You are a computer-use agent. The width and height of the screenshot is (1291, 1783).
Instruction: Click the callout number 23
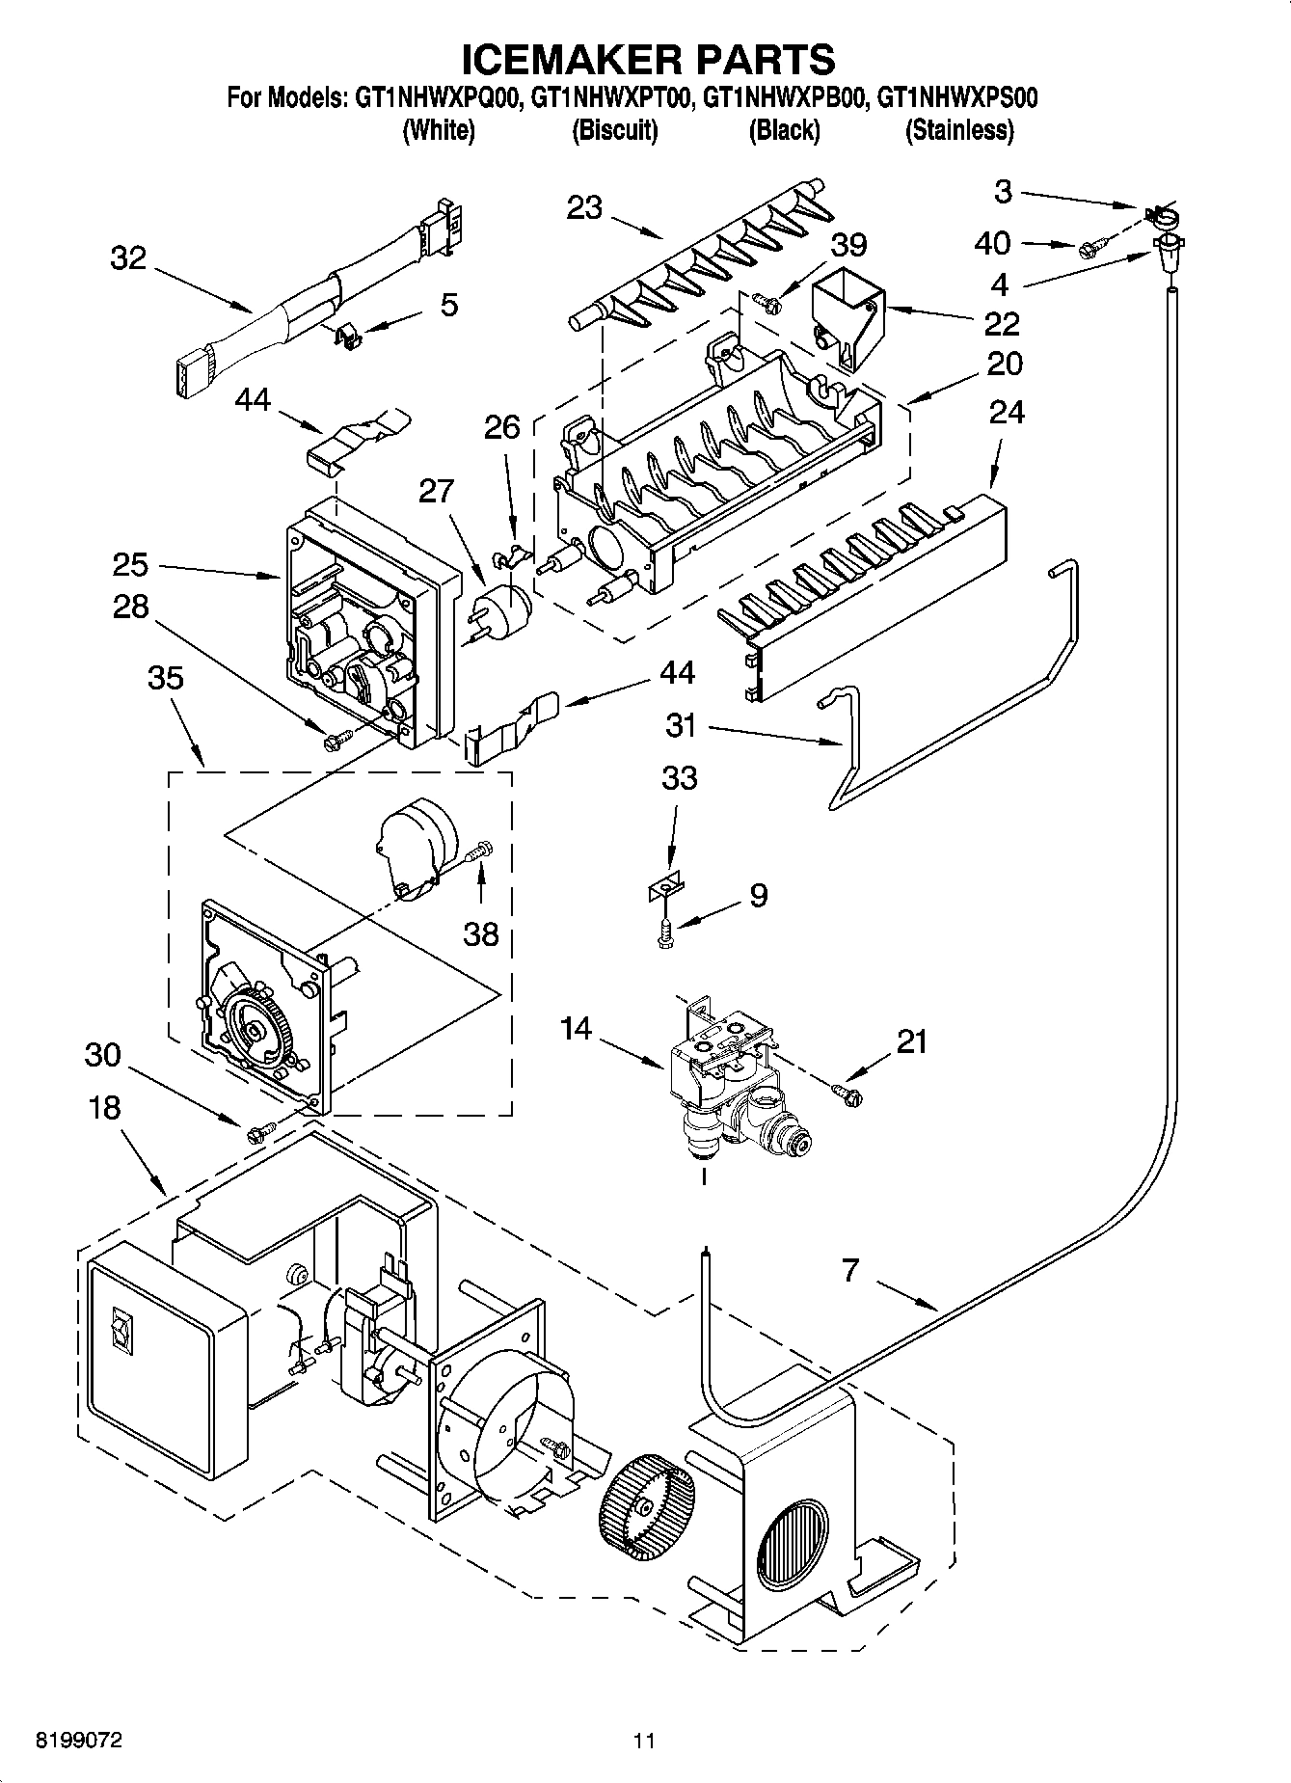click(x=584, y=208)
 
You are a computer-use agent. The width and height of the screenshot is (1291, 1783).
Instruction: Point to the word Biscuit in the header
click(x=614, y=130)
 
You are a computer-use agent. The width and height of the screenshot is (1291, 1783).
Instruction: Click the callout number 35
click(x=165, y=678)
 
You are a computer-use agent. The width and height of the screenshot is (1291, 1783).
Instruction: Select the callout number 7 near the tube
click(x=849, y=1271)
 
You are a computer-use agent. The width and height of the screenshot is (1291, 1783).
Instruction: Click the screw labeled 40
click(x=1088, y=249)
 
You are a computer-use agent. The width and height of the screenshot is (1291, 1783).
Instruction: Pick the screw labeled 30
click(x=256, y=1133)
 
